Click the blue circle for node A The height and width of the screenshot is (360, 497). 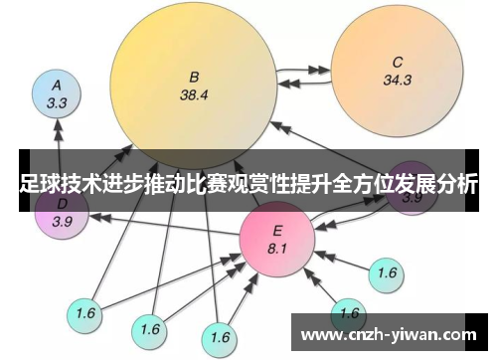point(57,93)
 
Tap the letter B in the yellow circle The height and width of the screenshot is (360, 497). point(194,76)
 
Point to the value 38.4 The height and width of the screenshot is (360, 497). point(194,95)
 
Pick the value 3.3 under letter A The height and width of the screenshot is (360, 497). point(57,102)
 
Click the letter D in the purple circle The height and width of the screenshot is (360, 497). point(61,204)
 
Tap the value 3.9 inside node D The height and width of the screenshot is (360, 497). point(62,221)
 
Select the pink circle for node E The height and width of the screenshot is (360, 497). point(277,239)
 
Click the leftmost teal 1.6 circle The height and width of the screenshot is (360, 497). point(85,313)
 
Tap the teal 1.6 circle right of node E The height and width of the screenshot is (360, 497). point(387,272)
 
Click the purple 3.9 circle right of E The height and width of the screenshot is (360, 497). point(412,197)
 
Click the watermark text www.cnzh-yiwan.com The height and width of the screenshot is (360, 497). point(392,333)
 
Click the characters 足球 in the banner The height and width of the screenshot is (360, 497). point(39,184)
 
